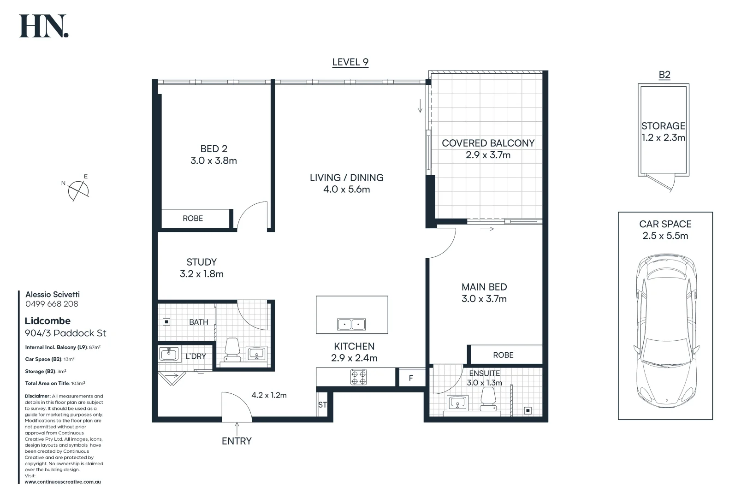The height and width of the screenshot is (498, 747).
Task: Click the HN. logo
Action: pos(43,26)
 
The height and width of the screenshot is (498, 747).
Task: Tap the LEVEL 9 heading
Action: pos(350,62)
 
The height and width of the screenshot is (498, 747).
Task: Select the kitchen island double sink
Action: pos(351,324)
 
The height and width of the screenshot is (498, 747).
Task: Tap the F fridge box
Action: pos(411,378)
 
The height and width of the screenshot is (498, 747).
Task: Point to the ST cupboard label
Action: pos(322,405)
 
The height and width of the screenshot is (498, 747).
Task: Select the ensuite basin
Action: pos(458,403)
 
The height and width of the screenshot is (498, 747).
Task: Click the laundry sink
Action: pos(169,355)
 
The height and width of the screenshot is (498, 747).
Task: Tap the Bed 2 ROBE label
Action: pos(193,219)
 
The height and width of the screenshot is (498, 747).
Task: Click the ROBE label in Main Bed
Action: pos(503,355)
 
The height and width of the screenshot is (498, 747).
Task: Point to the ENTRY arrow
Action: pos(237,427)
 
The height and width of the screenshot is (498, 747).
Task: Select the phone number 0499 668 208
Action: pos(52,304)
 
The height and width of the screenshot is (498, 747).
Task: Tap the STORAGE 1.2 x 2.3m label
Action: pos(663,131)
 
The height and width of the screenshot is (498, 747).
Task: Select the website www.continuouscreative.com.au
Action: pos(63,482)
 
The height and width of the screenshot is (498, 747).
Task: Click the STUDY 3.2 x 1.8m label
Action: pos(202,268)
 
